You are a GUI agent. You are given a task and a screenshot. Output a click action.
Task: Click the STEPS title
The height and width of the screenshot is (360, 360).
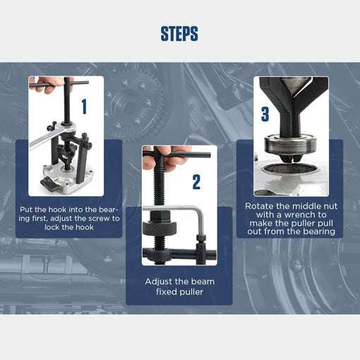click(179, 33)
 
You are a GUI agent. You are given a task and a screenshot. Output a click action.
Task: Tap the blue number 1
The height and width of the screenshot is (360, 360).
click(85, 107)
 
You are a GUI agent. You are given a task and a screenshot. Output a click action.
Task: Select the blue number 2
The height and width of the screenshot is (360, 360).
click(196, 182)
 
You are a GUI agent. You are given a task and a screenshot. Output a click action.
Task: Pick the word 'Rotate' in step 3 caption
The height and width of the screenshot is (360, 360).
click(261, 205)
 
